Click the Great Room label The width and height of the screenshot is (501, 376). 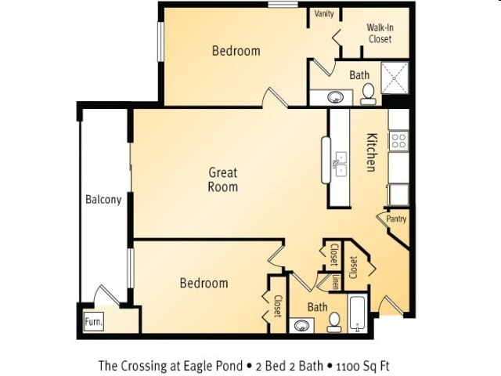(223, 179)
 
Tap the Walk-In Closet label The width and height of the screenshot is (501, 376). (380, 33)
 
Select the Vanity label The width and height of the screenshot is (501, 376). (324, 14)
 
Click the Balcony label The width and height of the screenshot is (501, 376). (103, 200)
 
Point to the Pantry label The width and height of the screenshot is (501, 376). (396, 219)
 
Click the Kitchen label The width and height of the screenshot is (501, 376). (371, 152)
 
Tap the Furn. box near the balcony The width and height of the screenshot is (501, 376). (94, 321)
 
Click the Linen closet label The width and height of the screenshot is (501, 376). (335, 282)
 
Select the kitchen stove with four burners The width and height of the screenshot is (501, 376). (398, 141)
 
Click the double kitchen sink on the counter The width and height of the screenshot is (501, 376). (341, 164)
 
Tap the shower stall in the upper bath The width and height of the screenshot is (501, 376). (395, 78)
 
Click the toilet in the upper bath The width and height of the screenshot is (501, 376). (369, 94)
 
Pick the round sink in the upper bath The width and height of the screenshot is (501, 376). (335, 96)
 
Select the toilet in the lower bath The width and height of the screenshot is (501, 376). (334, 322)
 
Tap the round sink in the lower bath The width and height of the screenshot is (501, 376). (301, 326)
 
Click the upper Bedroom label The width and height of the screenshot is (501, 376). (236, 51)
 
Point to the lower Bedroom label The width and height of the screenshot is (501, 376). (204, 283)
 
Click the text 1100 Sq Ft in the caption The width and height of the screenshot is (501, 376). (362, 366)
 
